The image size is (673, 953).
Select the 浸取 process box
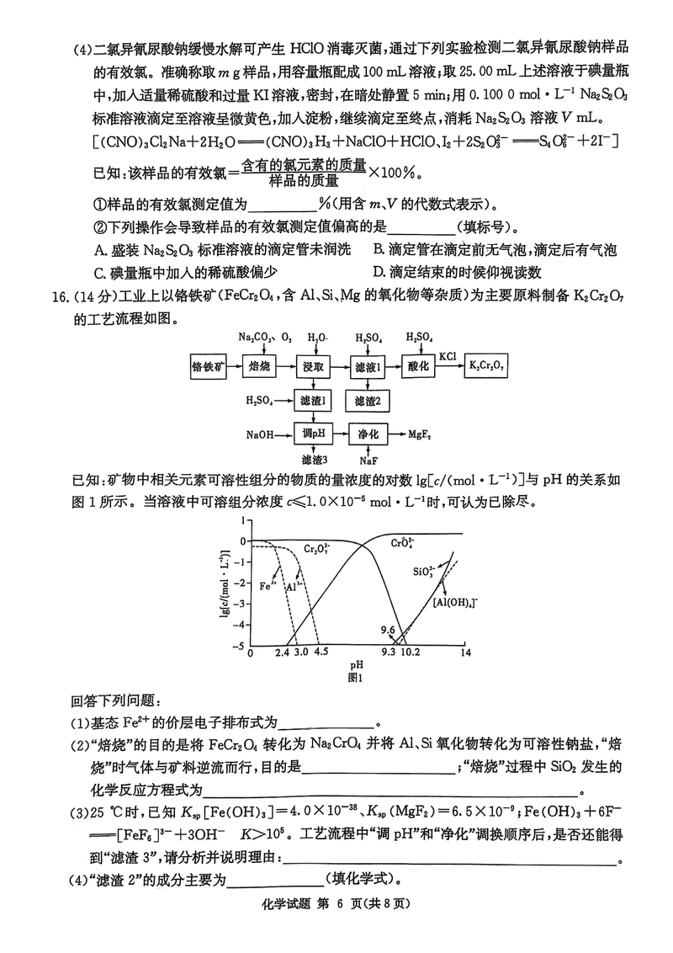pos(314,365)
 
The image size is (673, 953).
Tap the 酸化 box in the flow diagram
pos(419,365)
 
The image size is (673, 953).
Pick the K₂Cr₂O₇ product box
pos(488,365)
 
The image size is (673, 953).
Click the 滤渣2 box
pos(368,401)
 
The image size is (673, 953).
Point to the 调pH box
pos(314,434)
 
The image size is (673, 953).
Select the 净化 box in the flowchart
pos(368,434)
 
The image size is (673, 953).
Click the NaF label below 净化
pos(368,461)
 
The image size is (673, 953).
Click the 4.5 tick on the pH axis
pos(321,652)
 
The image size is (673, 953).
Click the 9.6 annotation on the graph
pos(388,629)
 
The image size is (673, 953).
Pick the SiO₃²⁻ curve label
pos(423,572)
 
